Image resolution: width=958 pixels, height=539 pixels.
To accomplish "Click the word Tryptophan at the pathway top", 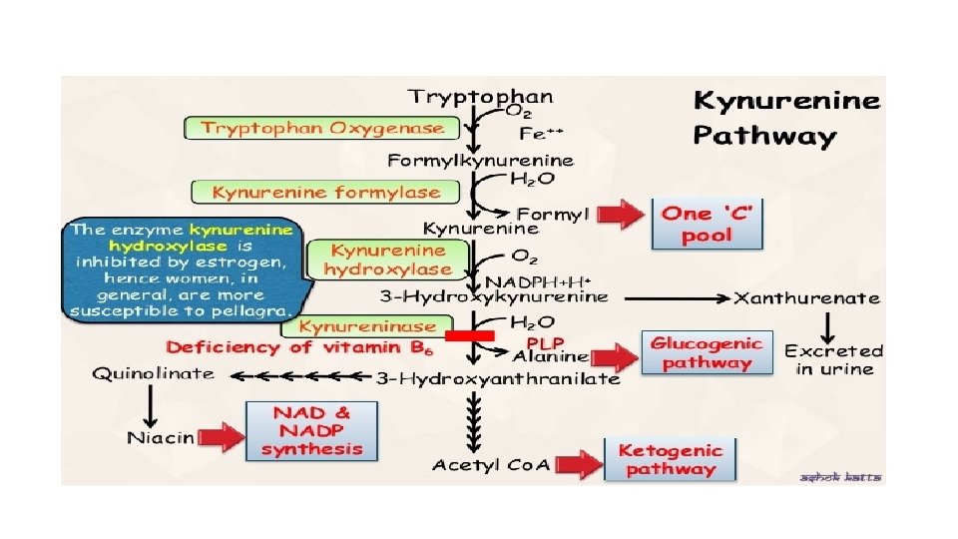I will pos(479,97).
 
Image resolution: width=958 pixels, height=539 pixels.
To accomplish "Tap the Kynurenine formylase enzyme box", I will pos(325,191).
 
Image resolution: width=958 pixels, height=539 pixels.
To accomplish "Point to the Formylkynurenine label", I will pos(481,160).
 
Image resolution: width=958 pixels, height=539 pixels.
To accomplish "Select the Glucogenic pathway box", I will pos(707,353).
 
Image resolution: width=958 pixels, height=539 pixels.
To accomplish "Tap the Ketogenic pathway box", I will pos(669,459).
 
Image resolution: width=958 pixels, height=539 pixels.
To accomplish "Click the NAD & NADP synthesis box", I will pos(312,430).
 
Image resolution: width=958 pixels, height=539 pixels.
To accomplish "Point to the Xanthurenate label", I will pos(807,296).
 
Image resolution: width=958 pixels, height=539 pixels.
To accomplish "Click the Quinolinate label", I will pos(154,373).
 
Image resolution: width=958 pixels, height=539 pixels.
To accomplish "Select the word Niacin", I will pos(161,437).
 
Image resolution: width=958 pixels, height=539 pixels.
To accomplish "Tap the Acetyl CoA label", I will pos(491,465).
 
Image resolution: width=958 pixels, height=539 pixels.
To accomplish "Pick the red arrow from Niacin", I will pos(221,436).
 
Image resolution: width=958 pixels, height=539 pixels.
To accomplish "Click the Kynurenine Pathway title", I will pos(787,118).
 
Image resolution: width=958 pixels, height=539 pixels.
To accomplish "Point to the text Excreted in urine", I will pos(833,359).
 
